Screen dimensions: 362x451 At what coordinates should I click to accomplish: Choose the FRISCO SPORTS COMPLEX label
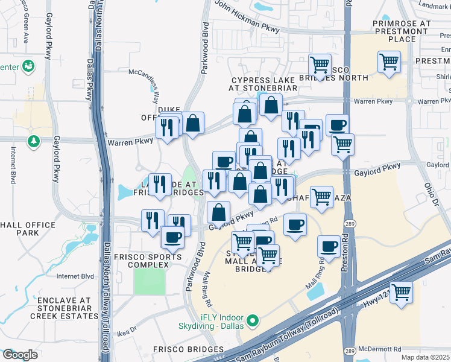point(148,261)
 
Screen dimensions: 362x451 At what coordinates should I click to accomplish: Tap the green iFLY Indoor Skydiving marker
point(254,320)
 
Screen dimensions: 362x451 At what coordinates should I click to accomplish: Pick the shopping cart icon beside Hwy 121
point(401,291)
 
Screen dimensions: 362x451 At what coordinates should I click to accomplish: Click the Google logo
point(20,355)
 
